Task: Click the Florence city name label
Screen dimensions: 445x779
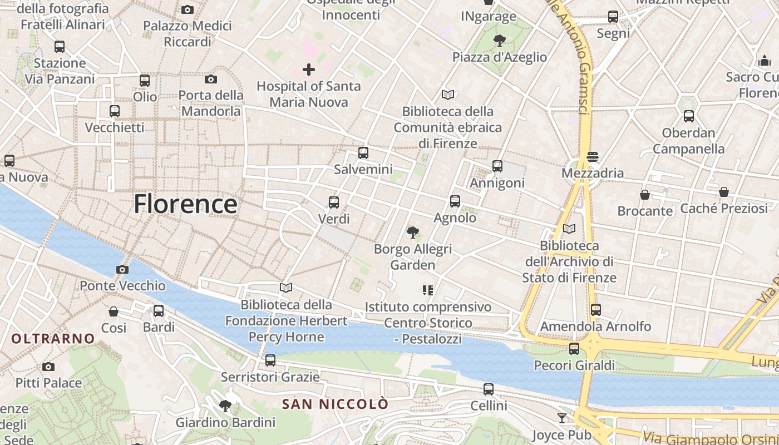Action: point(185,204)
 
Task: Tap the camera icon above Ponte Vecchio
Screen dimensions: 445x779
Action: point(122,270)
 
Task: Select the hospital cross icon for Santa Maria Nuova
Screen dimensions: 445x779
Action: point(309,70)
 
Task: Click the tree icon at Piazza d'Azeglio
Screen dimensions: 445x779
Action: point(499,41)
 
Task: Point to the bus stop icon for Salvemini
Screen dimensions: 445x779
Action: point(363,152)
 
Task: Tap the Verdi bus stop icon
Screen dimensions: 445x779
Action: point(334,202)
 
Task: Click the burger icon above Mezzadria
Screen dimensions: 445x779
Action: point(592,156)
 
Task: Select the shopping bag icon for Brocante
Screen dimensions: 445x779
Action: point(645,195)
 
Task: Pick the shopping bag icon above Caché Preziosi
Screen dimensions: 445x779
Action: point(724,192)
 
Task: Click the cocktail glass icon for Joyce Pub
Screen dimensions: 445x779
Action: point(562,418)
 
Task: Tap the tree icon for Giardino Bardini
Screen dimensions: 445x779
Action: point(225,406)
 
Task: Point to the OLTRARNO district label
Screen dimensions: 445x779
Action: point(53,338)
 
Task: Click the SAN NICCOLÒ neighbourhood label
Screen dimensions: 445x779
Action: point(335,404)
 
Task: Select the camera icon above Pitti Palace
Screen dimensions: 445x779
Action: point(48,367)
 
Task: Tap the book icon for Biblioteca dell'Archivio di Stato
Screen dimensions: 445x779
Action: point(569,229)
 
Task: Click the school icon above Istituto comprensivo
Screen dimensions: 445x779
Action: point(427,290)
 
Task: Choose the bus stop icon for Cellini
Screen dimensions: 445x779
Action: point(489,389)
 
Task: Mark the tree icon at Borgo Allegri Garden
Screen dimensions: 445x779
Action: point(412,233)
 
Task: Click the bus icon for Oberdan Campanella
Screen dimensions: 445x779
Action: point(689,116)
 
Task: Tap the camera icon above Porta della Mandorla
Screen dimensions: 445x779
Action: point(211,79)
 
